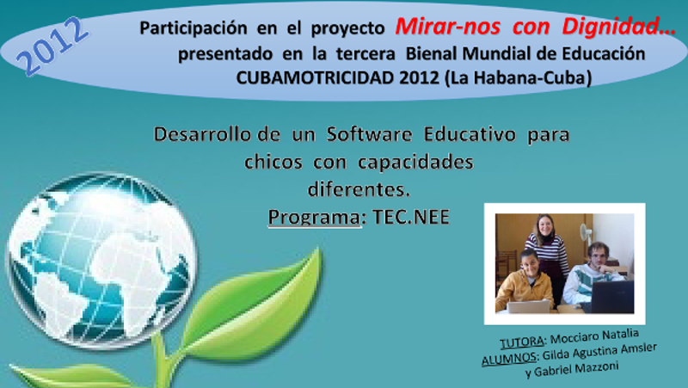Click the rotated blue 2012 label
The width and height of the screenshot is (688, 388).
[x=52, y=46]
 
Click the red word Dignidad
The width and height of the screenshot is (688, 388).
[x=619, y=27]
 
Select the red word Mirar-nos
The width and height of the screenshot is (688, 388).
[x=447, y=27]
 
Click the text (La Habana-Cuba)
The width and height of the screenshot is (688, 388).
[x=518, y=78]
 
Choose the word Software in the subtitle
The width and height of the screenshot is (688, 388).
[x=369, y=134]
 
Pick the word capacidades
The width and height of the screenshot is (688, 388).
[x=415, y=163]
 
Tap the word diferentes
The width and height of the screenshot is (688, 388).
[x=359, y=189]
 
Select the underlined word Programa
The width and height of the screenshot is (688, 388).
[x=314, y=218]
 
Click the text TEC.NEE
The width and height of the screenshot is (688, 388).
[x=411, y=218]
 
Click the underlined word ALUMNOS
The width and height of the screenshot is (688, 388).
[x=509, y=359]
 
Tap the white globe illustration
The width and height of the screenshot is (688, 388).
[x=101, y=260]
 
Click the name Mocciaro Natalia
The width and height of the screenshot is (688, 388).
[x=594, y=336]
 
